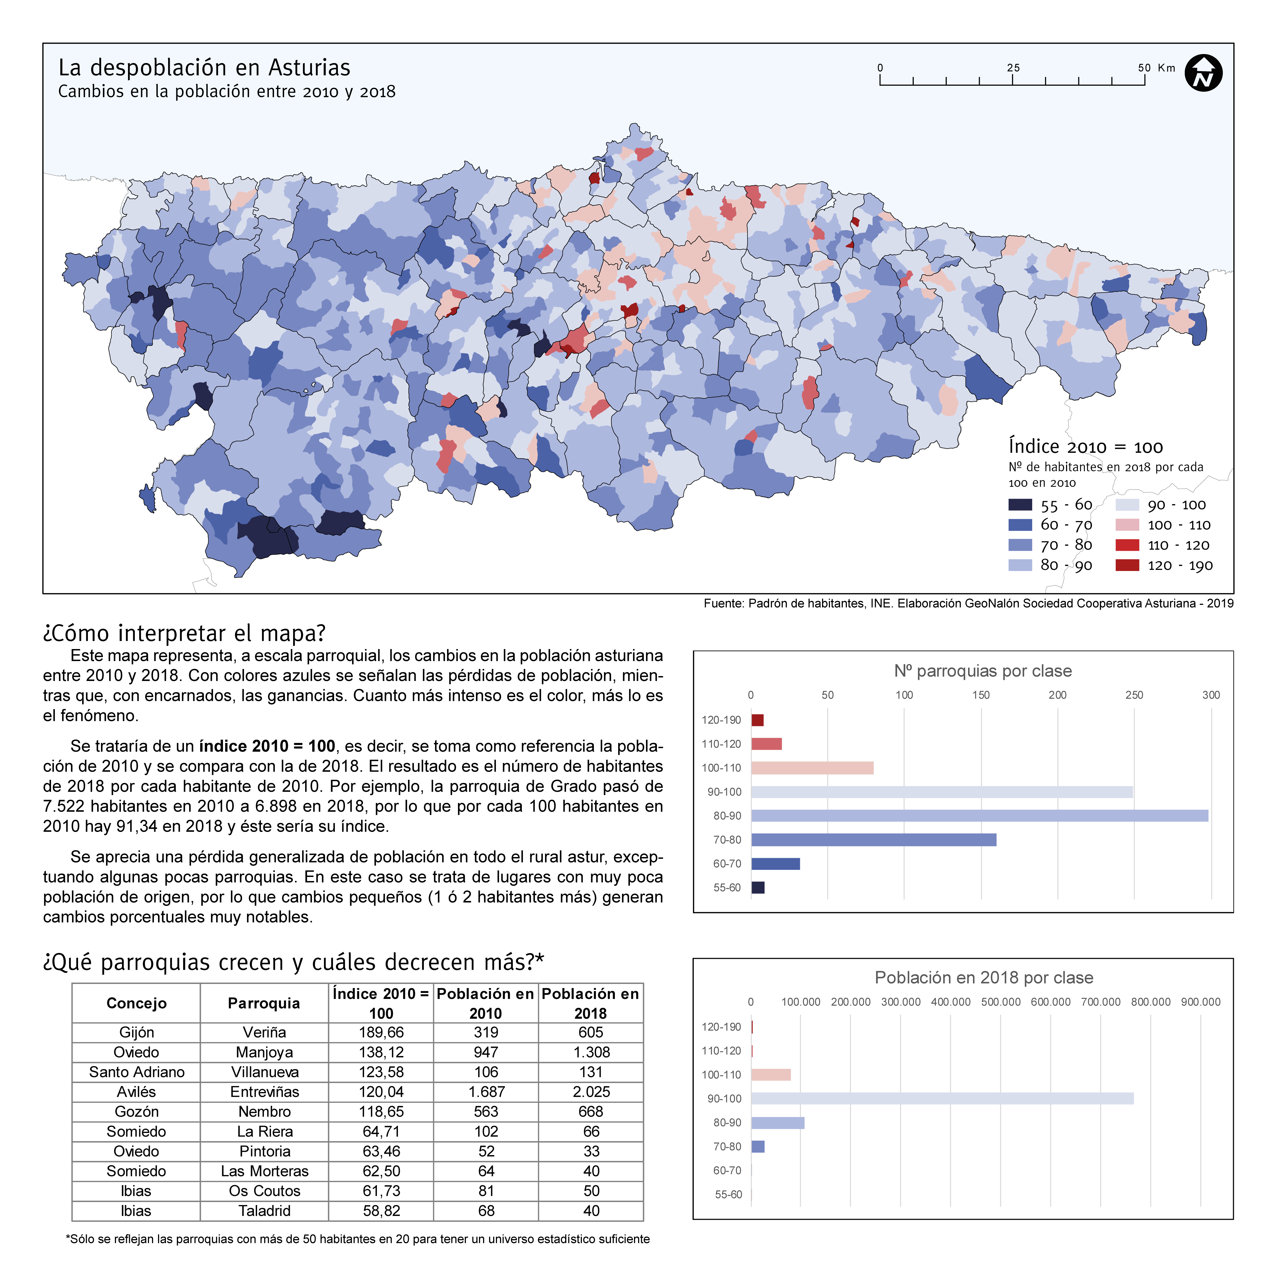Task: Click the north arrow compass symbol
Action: [1203, 73]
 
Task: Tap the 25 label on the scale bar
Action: [1013, 68]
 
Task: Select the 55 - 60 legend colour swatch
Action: [1020, 505]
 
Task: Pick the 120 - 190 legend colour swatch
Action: [1127, 565]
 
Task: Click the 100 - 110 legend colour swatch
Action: [1127, 525]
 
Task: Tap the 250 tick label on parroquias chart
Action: [1134, 695]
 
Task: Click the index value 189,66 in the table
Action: [381, 1032]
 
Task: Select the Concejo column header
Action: [136, 1003]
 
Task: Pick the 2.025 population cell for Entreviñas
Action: [591, 1091]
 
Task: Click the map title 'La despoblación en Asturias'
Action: [204, 68]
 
